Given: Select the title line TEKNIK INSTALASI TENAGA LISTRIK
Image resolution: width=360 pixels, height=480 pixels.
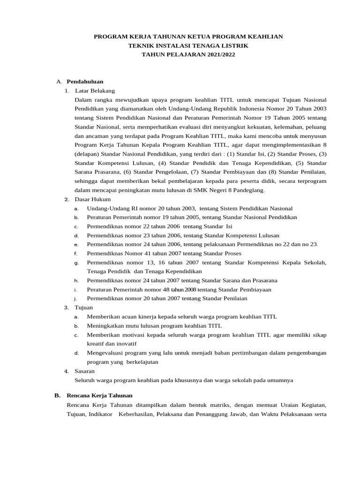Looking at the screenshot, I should pyautogui.click(x=188, y=45).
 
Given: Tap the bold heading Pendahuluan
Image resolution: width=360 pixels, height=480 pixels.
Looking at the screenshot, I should pyautogui.click(x=85, y=82).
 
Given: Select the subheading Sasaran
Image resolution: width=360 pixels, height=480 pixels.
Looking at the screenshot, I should pyautogui.click(x=85, y=371).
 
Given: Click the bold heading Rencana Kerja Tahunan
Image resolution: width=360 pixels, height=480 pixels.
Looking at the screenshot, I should pyautogui.click(x=100, y=395).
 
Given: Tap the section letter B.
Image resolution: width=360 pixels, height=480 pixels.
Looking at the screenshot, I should pyautogui.click(x=57, y=395).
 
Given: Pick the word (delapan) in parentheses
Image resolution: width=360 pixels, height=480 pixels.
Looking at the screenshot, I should pyautogui.click(x=87, y=154).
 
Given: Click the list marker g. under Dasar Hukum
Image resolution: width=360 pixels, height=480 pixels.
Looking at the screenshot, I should pyautogui.click(x=76, y=262).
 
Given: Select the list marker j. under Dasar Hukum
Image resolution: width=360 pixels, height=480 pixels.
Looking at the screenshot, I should pyautogui.click(x=75, y=298).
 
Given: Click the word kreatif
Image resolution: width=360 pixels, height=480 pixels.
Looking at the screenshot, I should pyautogui.click(x=96, y=344).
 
